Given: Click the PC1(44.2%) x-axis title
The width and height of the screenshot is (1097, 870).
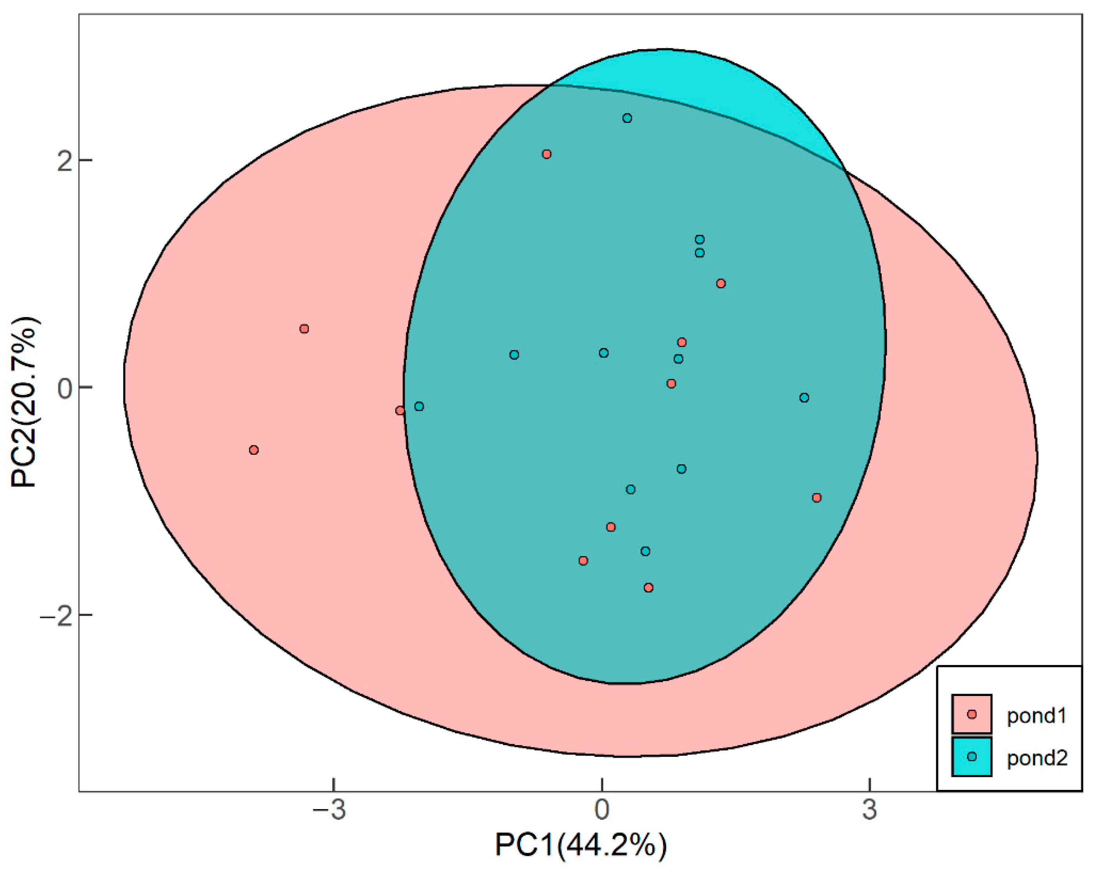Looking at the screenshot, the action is pos(581,845).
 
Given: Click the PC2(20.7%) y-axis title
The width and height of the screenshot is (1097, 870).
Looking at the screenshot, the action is pos(24,401).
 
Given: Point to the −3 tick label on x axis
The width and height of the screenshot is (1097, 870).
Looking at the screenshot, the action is pos(329,810).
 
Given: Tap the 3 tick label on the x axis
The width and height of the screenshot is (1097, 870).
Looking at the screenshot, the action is pos(870,810).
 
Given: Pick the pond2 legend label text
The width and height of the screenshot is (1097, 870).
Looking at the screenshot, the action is pos(1037,758).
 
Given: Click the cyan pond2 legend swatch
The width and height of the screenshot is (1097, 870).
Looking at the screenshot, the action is pos(972,756).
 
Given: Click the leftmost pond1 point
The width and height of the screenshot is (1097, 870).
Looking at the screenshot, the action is pos(254,450).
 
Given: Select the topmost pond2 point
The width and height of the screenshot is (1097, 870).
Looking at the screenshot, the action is pos(627,118).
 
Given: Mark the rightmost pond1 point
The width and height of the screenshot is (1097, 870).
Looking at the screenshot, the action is pos(817,498).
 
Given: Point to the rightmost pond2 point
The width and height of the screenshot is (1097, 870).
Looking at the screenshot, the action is pos(804,397).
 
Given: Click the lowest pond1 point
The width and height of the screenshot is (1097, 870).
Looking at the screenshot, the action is pos(648,588).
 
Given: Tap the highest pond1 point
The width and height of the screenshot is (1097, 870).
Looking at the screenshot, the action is pos(546,154).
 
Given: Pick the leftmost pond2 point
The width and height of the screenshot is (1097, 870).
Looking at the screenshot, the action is pos(419,406).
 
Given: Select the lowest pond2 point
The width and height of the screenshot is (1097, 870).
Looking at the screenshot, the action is pos(645,551).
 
